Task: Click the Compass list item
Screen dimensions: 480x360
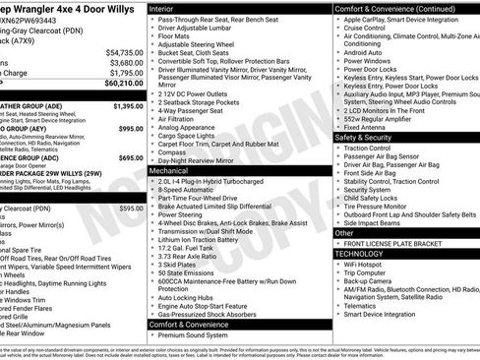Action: pyautogui.click(x=171, y=151)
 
